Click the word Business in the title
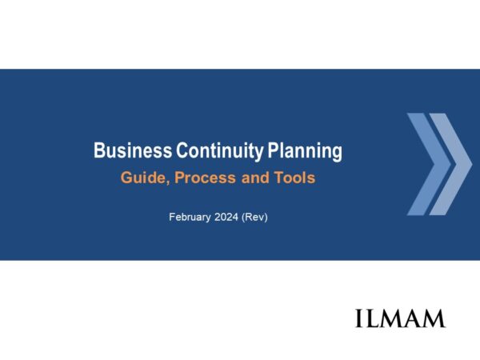[x=133, y=150]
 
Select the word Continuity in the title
[x=219, y=151]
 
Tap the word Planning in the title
[x=305, y=151]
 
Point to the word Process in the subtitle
[x=205, y=178]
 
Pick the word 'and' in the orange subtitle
[x=255, y=178]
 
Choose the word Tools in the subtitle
[x=294, y=178]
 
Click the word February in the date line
[x=190, y=218]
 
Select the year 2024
[x=226, y=217]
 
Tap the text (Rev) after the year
[x=254, y=218]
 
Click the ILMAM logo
[x=400, y=318]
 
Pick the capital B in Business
[x=99, y=150]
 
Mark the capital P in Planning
[x=273, y=150]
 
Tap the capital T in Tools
[x=278, y=178]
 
